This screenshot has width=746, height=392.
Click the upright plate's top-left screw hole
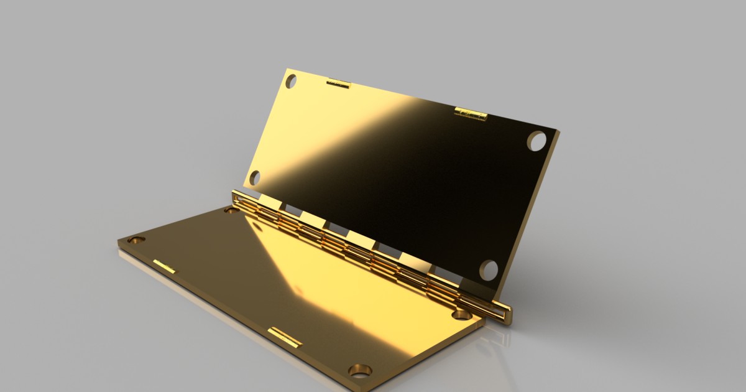click(291, 81)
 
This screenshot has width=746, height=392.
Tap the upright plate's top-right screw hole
click(536, 141)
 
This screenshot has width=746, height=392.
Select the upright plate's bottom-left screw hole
click(255, 178)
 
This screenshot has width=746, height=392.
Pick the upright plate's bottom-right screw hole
click(489, 269)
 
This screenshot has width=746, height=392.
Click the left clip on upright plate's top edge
click(338, 83)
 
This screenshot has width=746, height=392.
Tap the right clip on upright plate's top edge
click(470, 113)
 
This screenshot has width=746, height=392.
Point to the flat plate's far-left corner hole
click(136, 240)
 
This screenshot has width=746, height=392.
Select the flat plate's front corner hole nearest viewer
click(360, 370)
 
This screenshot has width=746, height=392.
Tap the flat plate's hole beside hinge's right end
click(463, 314)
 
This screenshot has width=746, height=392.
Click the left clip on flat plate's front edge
click(165, 266)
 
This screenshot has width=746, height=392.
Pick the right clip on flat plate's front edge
click(285, 337)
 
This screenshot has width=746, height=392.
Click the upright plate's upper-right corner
click(557, 133)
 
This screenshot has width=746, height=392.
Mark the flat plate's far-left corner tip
click(118, 241)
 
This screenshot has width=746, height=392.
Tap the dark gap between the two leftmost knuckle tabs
click(290, 207)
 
